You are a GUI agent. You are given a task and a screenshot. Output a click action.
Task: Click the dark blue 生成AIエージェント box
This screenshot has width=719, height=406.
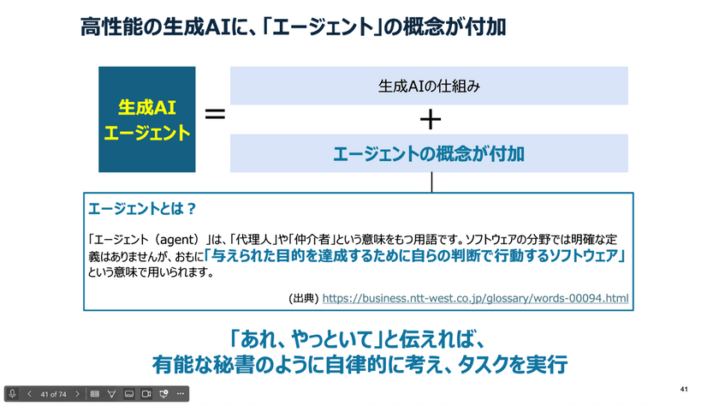(x=147, y=119)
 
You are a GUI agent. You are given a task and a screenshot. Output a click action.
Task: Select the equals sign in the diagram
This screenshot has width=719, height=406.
(x=215, y=115)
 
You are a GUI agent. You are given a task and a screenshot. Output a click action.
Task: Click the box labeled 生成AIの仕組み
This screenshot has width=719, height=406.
(x=429, y=86)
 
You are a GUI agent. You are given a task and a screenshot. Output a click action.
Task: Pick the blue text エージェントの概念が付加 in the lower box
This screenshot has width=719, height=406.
(x=429, y=154)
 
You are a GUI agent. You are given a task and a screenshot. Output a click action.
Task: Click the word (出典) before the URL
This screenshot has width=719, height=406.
(x=304, y=298)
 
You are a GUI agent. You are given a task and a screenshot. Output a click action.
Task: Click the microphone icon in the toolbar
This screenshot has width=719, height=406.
(x=14, y=394)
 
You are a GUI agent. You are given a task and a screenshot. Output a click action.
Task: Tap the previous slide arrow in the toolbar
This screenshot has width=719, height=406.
(x=29, y=394)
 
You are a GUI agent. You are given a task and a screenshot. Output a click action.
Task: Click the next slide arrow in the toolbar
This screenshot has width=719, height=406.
(x=77, y=394)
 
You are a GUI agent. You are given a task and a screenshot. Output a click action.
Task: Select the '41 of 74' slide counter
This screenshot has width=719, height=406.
(x=53, y=394)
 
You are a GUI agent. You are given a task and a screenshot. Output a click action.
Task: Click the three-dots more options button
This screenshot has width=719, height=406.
(x=179, y=394)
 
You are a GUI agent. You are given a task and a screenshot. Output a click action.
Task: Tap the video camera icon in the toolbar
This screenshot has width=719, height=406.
(x=146, y=394)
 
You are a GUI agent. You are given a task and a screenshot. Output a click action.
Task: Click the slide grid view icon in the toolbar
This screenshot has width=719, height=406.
(x=94, y=394)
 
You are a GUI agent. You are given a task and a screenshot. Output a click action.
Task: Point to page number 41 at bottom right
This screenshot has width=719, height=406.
(x=684, y=388)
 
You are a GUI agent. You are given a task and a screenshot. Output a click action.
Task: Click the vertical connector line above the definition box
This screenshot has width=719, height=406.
(x=431, y=182)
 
